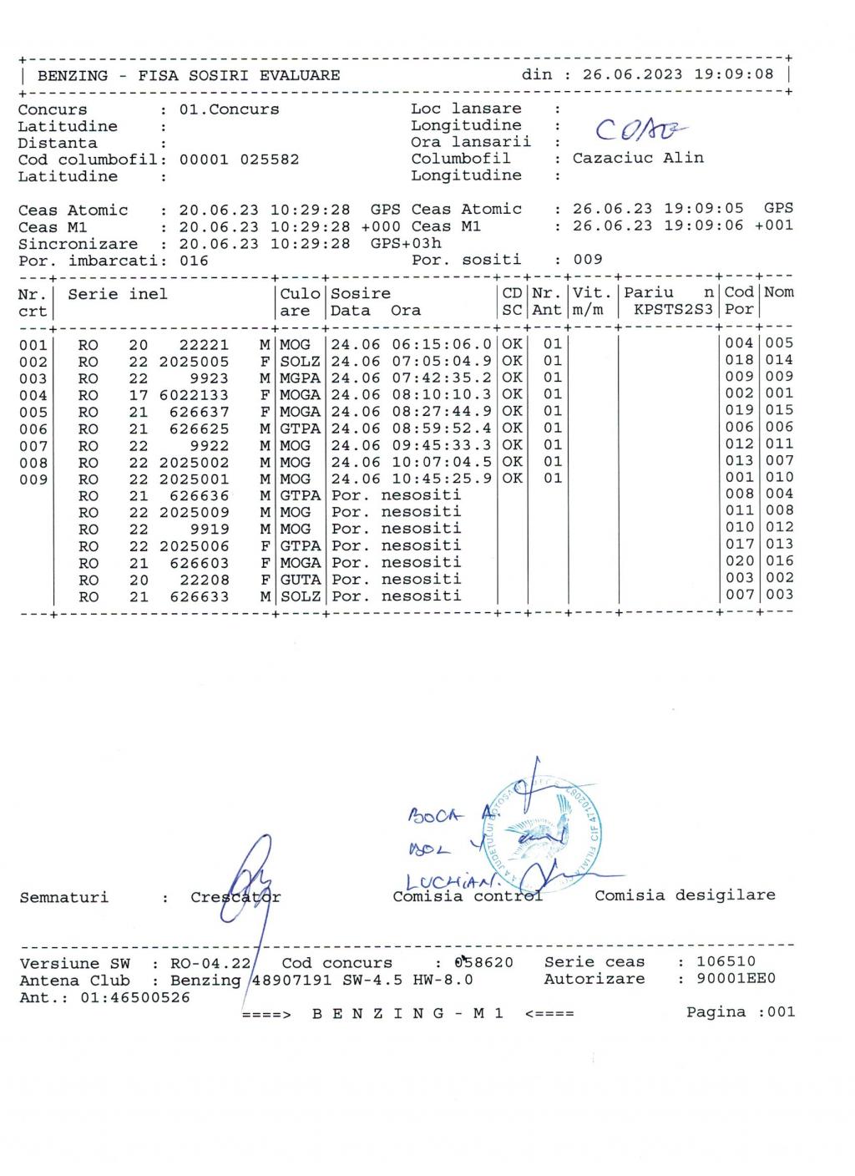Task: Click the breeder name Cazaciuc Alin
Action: click(638, 158)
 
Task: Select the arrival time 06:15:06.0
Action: click(442, 344)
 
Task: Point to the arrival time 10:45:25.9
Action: click(442, 479)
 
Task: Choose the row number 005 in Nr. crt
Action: click(33, 413)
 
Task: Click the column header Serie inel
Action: click(118, 294)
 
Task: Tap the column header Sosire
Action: click(361, 294)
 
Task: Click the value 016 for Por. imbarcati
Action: click(194, 261)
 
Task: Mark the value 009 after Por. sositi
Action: click(588, 260)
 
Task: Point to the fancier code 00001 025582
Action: click(239, 160)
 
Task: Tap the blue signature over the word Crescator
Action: click(246, 881)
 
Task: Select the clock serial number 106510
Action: click(726, 962)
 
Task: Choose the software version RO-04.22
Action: click(210, 963)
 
